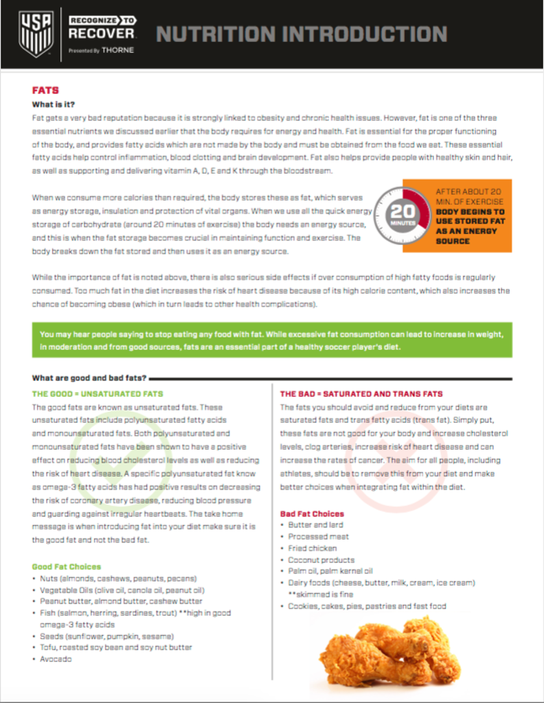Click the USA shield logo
click(x=36, y=32)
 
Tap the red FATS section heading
click(x=45, y=90)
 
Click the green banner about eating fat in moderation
click(x=271, y=340)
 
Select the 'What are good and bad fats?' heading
click(x=89, y=378)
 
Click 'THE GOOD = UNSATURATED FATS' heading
click(x=98, y=394)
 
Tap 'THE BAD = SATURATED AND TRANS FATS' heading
click(x=361, y=394)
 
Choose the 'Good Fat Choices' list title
click(x=67, y=566)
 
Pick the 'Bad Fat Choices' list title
click(x=312, y=514)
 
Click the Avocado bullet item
click(x=56, y=659)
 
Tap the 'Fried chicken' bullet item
click(x=313, y=549)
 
